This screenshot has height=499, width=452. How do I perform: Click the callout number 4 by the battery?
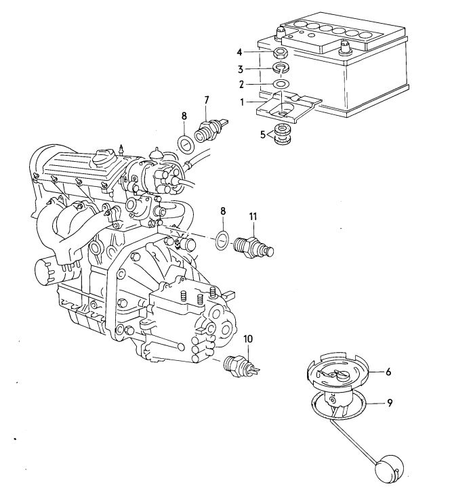pyautogui.click(x=239, y=52)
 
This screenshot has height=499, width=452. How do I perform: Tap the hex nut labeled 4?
pyautogui.click(x=281, y=53)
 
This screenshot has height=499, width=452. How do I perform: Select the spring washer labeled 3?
pyautogui.click(x=281, y=68)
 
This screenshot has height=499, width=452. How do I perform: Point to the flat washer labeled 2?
pyautogui.click(x=281, y=84)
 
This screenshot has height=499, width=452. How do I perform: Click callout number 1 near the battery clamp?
pyautogui.click(x=243, y=102)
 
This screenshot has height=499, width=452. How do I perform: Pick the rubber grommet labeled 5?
pyautogui.click(x=283, y=135)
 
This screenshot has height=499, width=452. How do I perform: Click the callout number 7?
pyautogui.click(x=207, y=101)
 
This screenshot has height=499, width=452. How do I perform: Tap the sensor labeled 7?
pyautogui.click(x=210, y=129)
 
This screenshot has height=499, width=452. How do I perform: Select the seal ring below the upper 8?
pyautogui.click(x=186, y=145)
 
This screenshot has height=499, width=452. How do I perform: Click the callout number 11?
pyautogui.click(x=253, y=217)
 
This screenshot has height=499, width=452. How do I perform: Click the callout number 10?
pyautogui.click(x=248, y=339)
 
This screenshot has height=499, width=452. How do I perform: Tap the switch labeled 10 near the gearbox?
pyautogui.click(x=241, y=366)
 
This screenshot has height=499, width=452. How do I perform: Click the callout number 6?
pyautogui.click(x=388, y=372)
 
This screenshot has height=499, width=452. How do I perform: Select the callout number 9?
pyautogui.click(x=390, y=404)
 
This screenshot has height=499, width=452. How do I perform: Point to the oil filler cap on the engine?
pyautogui.click(x=104, y=158)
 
